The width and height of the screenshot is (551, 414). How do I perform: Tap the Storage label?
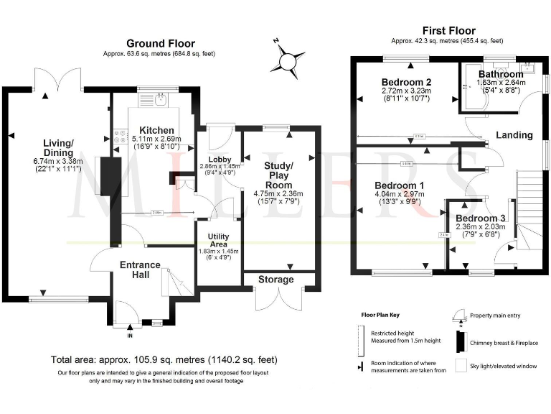[x=276, y=280]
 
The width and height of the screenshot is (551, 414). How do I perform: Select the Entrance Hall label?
[x=140, y=271]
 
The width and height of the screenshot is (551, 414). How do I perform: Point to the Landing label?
[x=515, y=134]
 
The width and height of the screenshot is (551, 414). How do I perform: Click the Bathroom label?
[x=501, y=74]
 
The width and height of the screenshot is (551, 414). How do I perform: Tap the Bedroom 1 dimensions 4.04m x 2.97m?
[x=400, y=194]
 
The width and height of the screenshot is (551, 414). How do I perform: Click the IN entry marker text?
[x=130, y=336]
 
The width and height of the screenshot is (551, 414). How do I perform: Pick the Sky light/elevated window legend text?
[x=503, y=366]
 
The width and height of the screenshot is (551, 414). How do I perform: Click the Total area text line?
[x=164, y=359]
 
